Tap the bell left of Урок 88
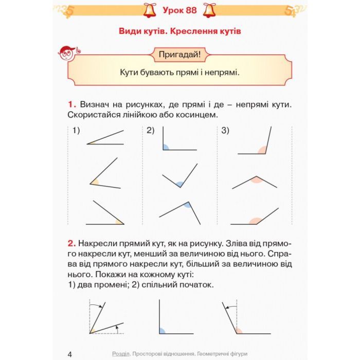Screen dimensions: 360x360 tap(150, 9)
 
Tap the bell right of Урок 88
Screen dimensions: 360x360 tap(210, 9)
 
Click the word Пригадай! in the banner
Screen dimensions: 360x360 tap(179, 53)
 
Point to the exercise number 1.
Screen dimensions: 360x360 tap(71, 104)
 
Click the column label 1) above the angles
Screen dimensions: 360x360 tap(77, 131)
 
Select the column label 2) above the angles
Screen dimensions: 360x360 tap(150, 131)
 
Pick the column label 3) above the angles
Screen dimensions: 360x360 tap(225, 131)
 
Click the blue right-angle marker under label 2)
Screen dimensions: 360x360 tap(166, 147)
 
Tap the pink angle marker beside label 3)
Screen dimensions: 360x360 tap(262, 150)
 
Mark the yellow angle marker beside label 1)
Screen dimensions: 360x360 tap(92, 142)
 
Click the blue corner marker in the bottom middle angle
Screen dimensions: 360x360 tap(163, 330)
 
